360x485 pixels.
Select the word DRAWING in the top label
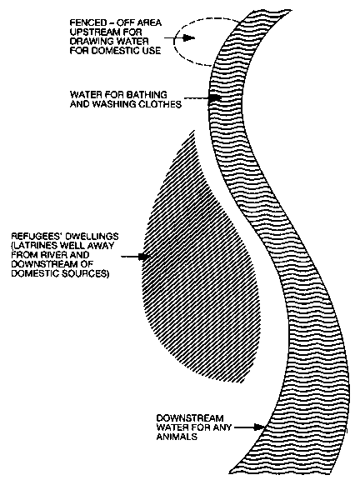[87, 42]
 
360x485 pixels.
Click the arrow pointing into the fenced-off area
[179, 38]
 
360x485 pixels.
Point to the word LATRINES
[33, 246]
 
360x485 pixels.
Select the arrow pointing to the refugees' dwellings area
[136, 257]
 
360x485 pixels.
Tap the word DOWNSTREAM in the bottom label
[190, 418]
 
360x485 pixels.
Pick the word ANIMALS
[177, 437]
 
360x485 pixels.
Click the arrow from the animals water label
[250, 427]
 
